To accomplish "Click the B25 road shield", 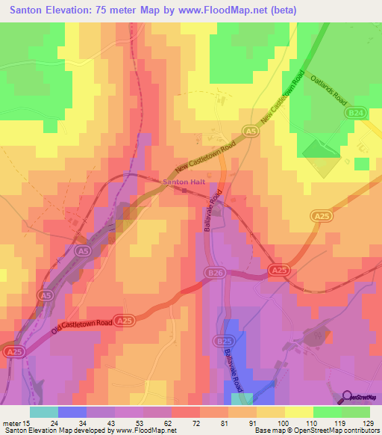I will pos(222,341).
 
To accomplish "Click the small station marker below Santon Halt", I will pos(184,190).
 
